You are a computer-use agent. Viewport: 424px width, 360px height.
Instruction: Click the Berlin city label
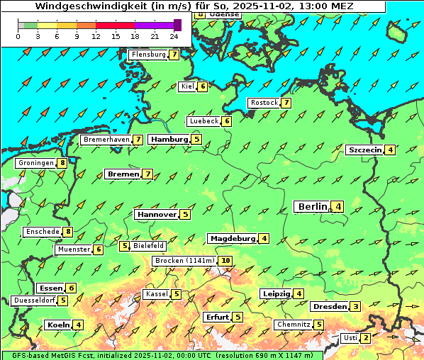313,206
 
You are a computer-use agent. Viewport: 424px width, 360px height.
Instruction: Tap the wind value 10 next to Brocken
225,261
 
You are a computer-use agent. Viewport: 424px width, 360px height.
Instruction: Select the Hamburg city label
169,140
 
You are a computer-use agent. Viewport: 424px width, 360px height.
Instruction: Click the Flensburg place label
148,55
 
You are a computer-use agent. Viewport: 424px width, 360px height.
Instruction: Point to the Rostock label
264,103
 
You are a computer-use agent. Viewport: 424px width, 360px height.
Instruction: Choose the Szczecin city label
365,150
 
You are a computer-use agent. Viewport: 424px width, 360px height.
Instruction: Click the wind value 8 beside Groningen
62,163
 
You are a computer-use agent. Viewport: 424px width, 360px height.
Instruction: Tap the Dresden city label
329,307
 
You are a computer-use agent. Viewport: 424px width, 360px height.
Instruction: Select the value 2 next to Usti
365,338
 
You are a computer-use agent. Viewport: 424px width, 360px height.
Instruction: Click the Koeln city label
58,325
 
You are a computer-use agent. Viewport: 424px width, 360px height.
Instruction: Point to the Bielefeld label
149,246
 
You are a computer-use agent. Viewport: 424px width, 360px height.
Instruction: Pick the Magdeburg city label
232,238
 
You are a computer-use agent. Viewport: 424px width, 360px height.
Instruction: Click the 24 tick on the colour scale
174,35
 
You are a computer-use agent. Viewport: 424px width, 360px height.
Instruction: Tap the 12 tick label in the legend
96,35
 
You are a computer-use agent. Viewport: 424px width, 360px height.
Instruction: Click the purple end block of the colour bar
177,25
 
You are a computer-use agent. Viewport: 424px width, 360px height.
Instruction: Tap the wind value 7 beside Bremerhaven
138,140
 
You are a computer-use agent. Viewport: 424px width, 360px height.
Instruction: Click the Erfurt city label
217,317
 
